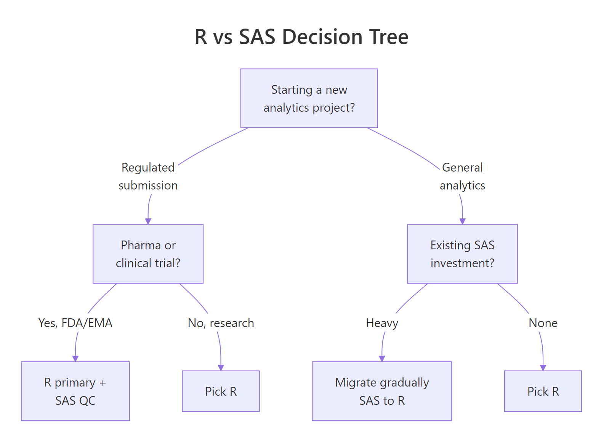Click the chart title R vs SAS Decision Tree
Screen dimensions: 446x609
pyautogui.click(x=301, y=37)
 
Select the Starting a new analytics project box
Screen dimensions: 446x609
pyautogui.click(x=309, y=98)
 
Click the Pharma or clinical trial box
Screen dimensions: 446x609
pyautogui.click(x=148, y=254)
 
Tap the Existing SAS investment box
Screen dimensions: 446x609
pyautogui.click(x=462, y=254)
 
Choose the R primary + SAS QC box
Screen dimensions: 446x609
pyautogui.click(x=75, y=391)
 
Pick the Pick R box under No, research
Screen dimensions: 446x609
pyautogui.click(x=221, y=391)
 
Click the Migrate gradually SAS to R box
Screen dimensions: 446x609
pyautogui.click(x=382, y=391)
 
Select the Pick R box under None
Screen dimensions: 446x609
pyautogui.click(x=543, y=391)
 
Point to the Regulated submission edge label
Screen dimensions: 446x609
pyautogui.click(x=148, y=176)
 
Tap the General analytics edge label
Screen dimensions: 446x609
pyautogui.click(x=462, y=176)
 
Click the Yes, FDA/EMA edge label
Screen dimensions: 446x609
pyautogui.click(x=75, y=323)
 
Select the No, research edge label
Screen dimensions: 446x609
pyautogui.click(x=221, y=323)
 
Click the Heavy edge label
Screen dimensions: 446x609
pyautogui.click(x=382, y=323)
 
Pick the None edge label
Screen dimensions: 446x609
pyautogui.click(x=543, y=323)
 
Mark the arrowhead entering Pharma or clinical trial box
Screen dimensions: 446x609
pyautogui.click(x=148, y=221)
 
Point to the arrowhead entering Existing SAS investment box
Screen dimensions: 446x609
pyautogui.click(x=463, y=221)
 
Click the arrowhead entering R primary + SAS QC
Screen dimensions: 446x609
pyautogui.click(x=75, y=359)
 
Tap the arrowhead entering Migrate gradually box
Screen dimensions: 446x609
pyautogui.click(x=382, y=359)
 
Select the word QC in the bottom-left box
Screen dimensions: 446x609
pyautogui.click(x=87, y=401)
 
